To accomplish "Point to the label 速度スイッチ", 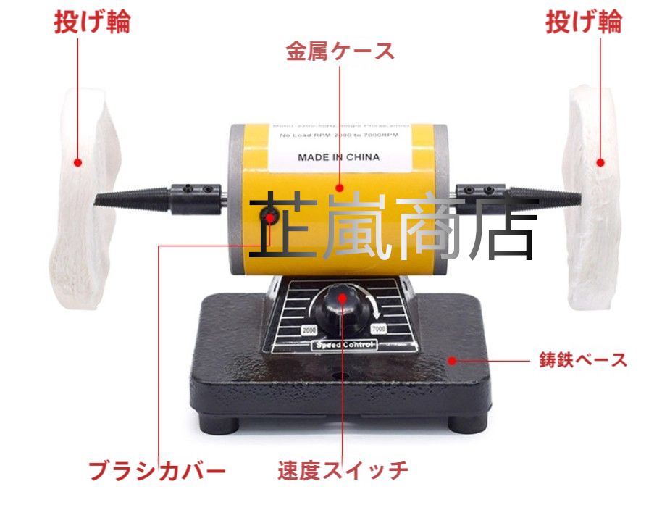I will (x=343, y=472).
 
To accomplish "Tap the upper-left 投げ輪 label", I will (x=93, y=22).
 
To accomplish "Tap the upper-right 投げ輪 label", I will (x=583, y=22).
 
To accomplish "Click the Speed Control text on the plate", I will (x=344, y=346).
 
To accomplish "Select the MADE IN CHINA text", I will (x=338, y=156).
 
